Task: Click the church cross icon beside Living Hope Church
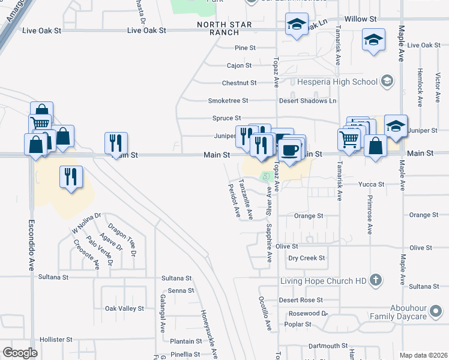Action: point(375,280)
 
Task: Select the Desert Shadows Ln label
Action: point(307,100)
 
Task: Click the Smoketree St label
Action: point(228,100)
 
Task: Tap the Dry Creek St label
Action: point(306,258)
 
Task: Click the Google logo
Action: point(20,353)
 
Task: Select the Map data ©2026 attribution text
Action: point(423,355)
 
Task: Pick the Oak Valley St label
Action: point(125,308)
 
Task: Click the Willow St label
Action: point(361,19)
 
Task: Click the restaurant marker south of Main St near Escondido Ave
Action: point(71,178)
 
